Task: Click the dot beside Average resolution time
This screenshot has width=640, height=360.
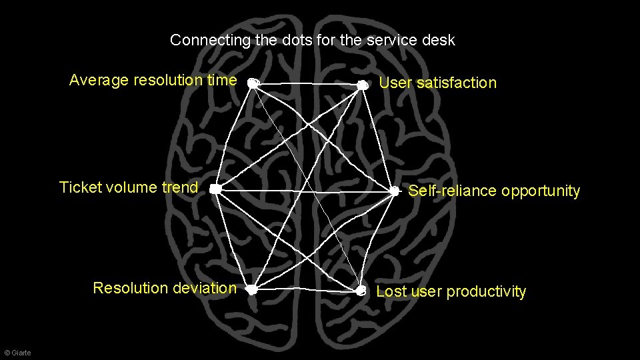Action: pos(253,83)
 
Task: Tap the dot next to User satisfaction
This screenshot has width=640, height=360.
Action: pos(362,85)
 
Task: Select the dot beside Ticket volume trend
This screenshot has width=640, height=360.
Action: pos(215,189)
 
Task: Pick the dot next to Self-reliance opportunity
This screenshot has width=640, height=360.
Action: pos(395,191)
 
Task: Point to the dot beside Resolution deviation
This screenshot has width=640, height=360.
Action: pos(251,289)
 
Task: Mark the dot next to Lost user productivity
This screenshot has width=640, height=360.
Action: pos(361,291)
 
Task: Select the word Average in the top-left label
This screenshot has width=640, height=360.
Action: pos(99,81)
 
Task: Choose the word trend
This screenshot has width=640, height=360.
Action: pos(179,187)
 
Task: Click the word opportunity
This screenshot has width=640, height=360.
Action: pos(541,191)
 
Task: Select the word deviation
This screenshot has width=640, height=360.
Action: pos(203,288)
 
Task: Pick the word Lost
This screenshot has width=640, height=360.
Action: pos(391,291)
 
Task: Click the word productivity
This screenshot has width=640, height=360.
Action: pos(486,292)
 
